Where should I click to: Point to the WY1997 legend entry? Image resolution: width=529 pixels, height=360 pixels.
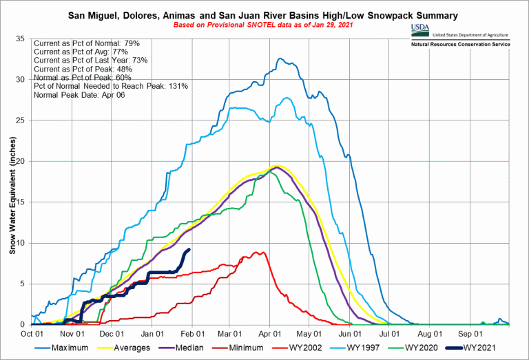[366, 348]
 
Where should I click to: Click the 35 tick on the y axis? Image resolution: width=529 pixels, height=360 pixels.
[21, 39]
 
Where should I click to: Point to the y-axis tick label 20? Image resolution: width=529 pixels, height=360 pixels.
[21, 161]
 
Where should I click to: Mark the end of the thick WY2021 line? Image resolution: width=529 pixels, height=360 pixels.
[189, 250]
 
